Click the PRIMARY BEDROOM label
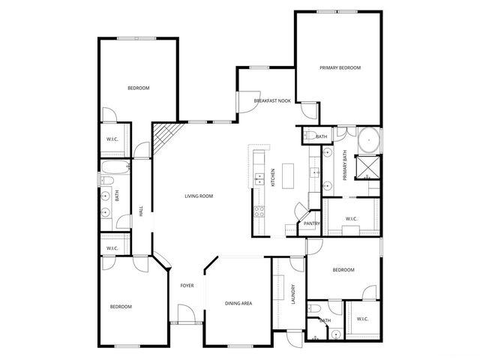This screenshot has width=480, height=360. [x=340, y=68]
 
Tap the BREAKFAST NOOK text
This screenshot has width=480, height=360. [x=272, y=100]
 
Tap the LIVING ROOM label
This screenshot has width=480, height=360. [x=199, y=196]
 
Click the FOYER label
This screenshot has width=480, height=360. [x=187, y=286]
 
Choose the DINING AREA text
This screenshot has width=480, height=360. [x=238, y=303]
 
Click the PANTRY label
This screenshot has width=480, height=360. [x=312, y=223]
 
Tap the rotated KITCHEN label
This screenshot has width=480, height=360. [x=272, y=177]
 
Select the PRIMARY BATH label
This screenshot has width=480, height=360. [x=345, y=165]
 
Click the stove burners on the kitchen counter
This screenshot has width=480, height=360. [x=259, y=211]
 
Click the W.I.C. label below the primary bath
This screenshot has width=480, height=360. [x=351, y=219]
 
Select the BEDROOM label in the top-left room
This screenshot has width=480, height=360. [x=138, y=88]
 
